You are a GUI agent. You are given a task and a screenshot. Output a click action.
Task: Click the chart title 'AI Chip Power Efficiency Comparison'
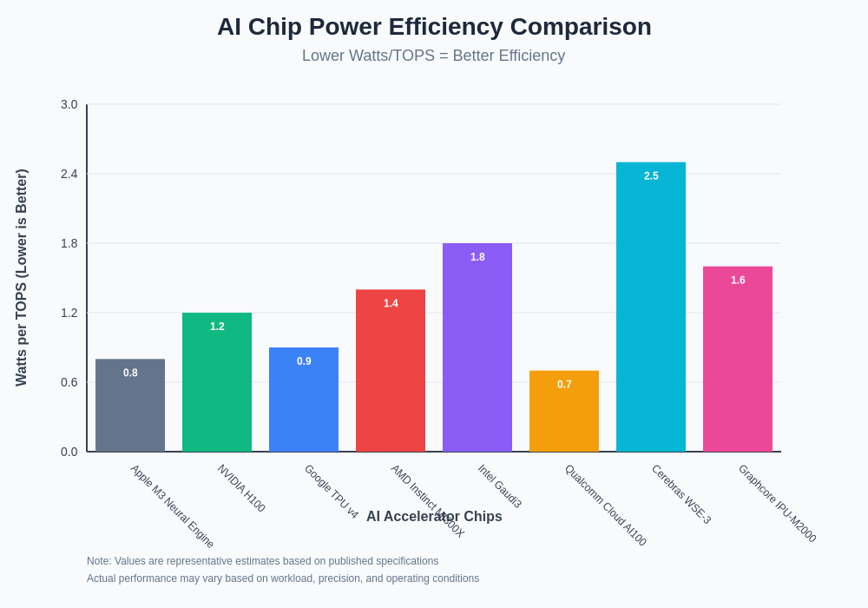click(434, 27)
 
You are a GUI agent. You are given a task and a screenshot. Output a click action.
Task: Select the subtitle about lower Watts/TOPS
click(433, 56)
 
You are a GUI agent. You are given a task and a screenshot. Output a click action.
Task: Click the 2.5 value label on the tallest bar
click(651, 175)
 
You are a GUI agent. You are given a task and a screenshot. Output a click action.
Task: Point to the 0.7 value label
click(564, 384)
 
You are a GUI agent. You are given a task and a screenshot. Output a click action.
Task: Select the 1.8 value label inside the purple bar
click(477, 257)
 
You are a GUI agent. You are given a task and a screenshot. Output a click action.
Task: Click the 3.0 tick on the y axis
click(69, 104)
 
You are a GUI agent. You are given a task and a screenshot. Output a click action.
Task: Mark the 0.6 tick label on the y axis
click(69, 382)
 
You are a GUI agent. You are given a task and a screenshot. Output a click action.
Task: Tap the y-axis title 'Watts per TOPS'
click(22, 278)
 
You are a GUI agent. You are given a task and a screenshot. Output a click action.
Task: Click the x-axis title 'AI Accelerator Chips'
click(434, 517)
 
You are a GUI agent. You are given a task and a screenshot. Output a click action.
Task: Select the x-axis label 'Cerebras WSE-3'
click(681, 494)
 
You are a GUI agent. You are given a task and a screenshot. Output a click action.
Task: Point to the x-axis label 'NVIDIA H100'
click(241, 488)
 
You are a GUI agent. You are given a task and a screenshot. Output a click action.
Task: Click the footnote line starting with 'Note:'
click(262, 561)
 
